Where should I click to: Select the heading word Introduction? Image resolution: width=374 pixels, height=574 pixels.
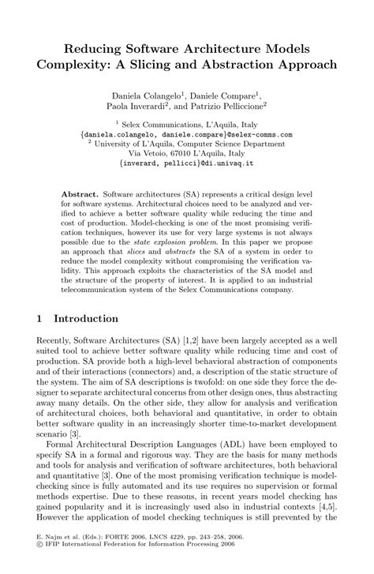[86, 319]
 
